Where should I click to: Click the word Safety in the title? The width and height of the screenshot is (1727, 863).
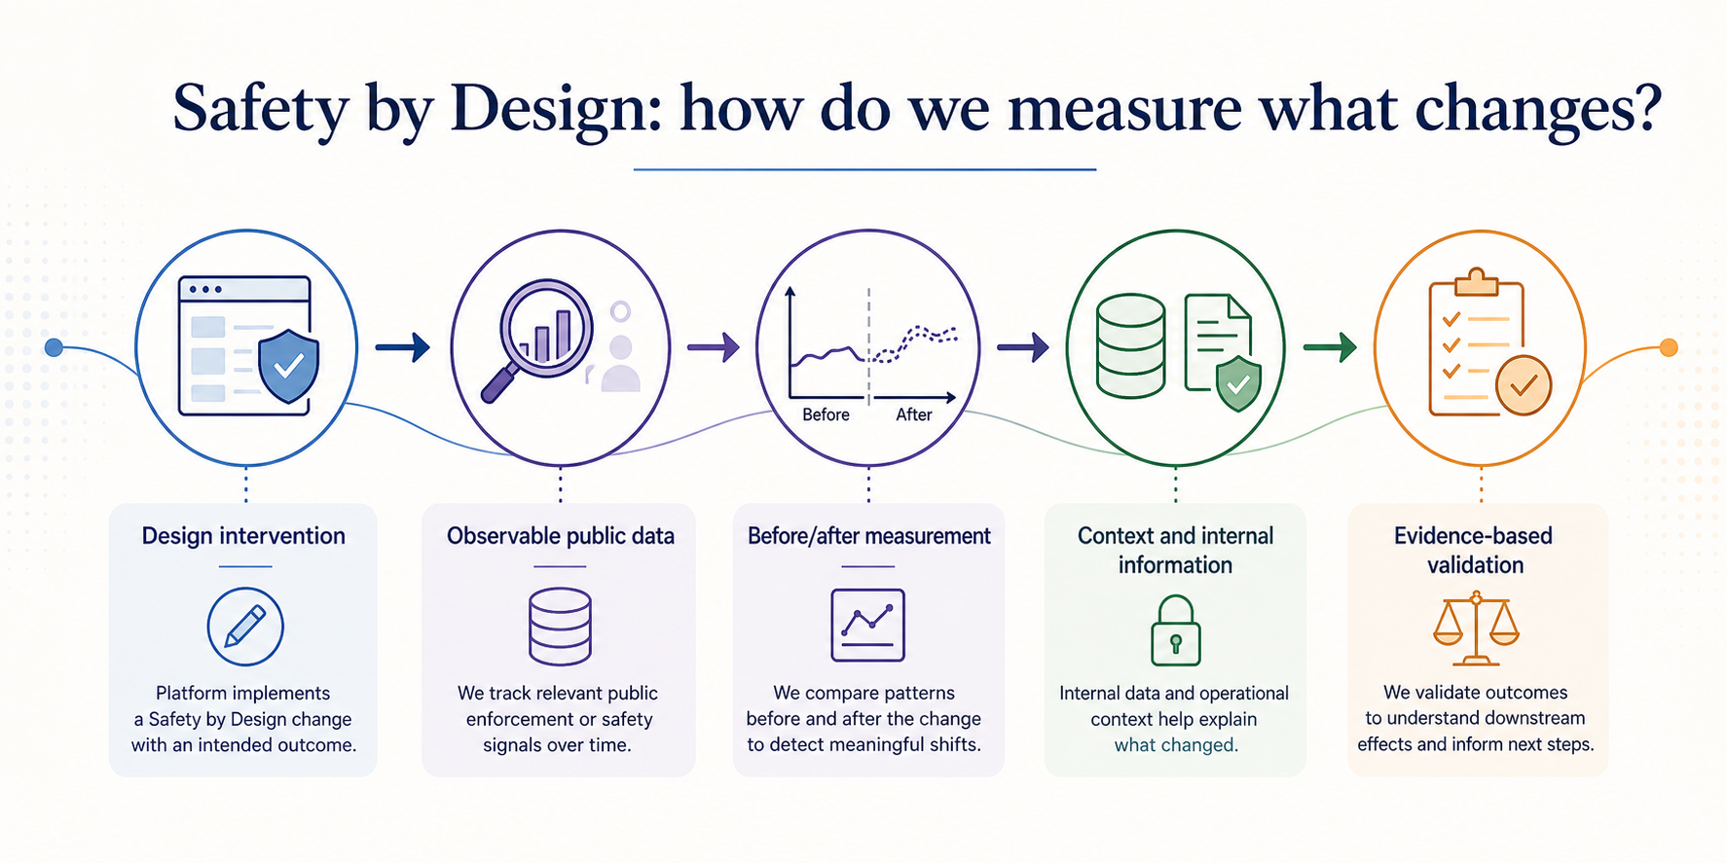[x=261, y=109]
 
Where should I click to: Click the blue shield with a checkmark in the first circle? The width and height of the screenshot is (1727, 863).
[x=288, y=365]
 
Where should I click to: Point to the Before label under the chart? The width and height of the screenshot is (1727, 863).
[x=826, y=414]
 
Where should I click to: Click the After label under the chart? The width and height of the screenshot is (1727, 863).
[x=914, y=414]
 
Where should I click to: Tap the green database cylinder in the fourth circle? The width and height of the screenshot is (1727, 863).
[x=1130, y=346]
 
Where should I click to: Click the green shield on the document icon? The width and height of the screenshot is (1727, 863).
[x=1238, y=383]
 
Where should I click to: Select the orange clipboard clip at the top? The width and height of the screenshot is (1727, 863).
[x=1476, y=281]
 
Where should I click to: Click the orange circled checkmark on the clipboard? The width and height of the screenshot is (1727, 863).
[x=1524, y=385]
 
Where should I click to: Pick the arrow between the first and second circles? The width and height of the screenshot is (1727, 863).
[x=403, y=346]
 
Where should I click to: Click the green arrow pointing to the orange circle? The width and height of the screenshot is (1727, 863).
[x=1330, y=346]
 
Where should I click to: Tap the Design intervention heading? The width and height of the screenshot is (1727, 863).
[x=243, y=536]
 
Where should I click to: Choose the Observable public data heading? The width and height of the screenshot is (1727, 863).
[x=561, y=536]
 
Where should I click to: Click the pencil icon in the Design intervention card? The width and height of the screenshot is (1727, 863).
[x=245, y=627]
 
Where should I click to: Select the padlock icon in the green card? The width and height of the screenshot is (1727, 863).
[x=1176, y=631]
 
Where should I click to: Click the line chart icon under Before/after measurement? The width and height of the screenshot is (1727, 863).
[x=867, y=626]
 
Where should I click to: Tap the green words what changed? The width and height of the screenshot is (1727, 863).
[x=1176, y=745]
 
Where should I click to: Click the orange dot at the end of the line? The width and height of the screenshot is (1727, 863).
[x=1669, y=347]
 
